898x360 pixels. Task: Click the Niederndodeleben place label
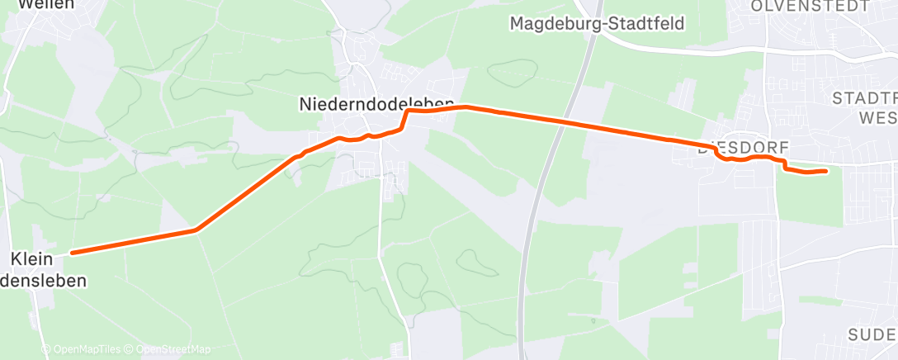[376, 104]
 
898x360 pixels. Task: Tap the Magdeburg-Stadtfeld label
[597, 23]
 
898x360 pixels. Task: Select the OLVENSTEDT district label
[810, 6]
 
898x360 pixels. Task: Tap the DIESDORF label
[739, 149]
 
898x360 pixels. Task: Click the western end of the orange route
[73, 253]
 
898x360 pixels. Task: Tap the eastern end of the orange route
[826, 171]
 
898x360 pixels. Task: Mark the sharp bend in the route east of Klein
[196, 230]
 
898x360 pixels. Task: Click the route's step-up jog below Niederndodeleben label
[404, 119]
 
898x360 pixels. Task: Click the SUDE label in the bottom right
[872, 334]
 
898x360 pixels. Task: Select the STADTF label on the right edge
[865, 98]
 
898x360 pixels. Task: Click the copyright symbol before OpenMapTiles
[46, 349]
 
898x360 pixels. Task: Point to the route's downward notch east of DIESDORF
[782, 168]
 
